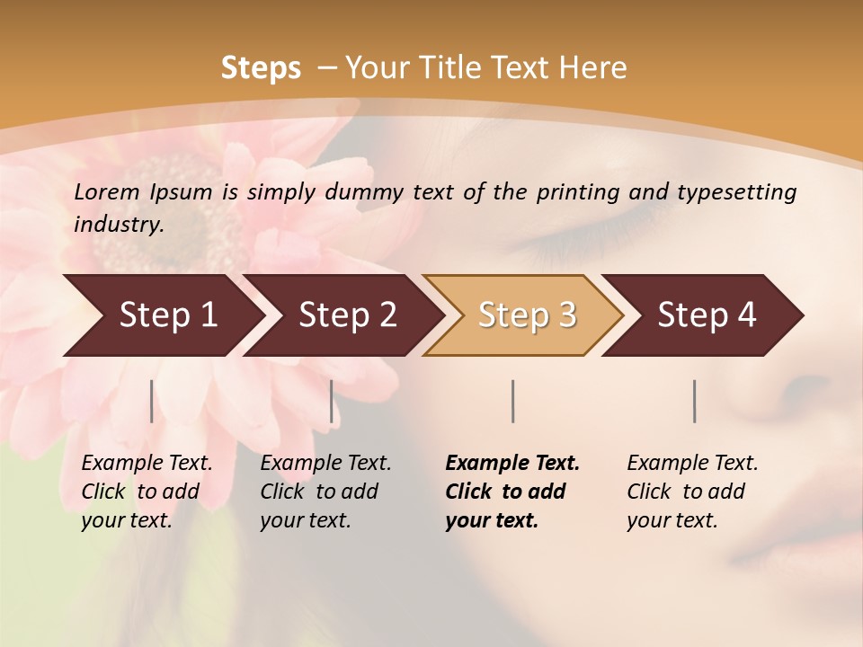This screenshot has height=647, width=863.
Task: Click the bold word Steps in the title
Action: (261, 68)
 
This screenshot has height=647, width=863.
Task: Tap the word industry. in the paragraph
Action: (119, 224)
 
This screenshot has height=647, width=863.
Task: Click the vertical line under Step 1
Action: (152, 401)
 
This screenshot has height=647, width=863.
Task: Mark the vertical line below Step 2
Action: (332, 401)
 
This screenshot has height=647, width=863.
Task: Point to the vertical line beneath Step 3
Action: (513, 401)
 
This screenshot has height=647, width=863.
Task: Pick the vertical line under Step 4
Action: (695, 401)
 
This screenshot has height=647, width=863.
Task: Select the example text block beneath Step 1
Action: (147, 492)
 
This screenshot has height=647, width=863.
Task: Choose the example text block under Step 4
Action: (692, 492)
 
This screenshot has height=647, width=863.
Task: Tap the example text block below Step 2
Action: (325, 492)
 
